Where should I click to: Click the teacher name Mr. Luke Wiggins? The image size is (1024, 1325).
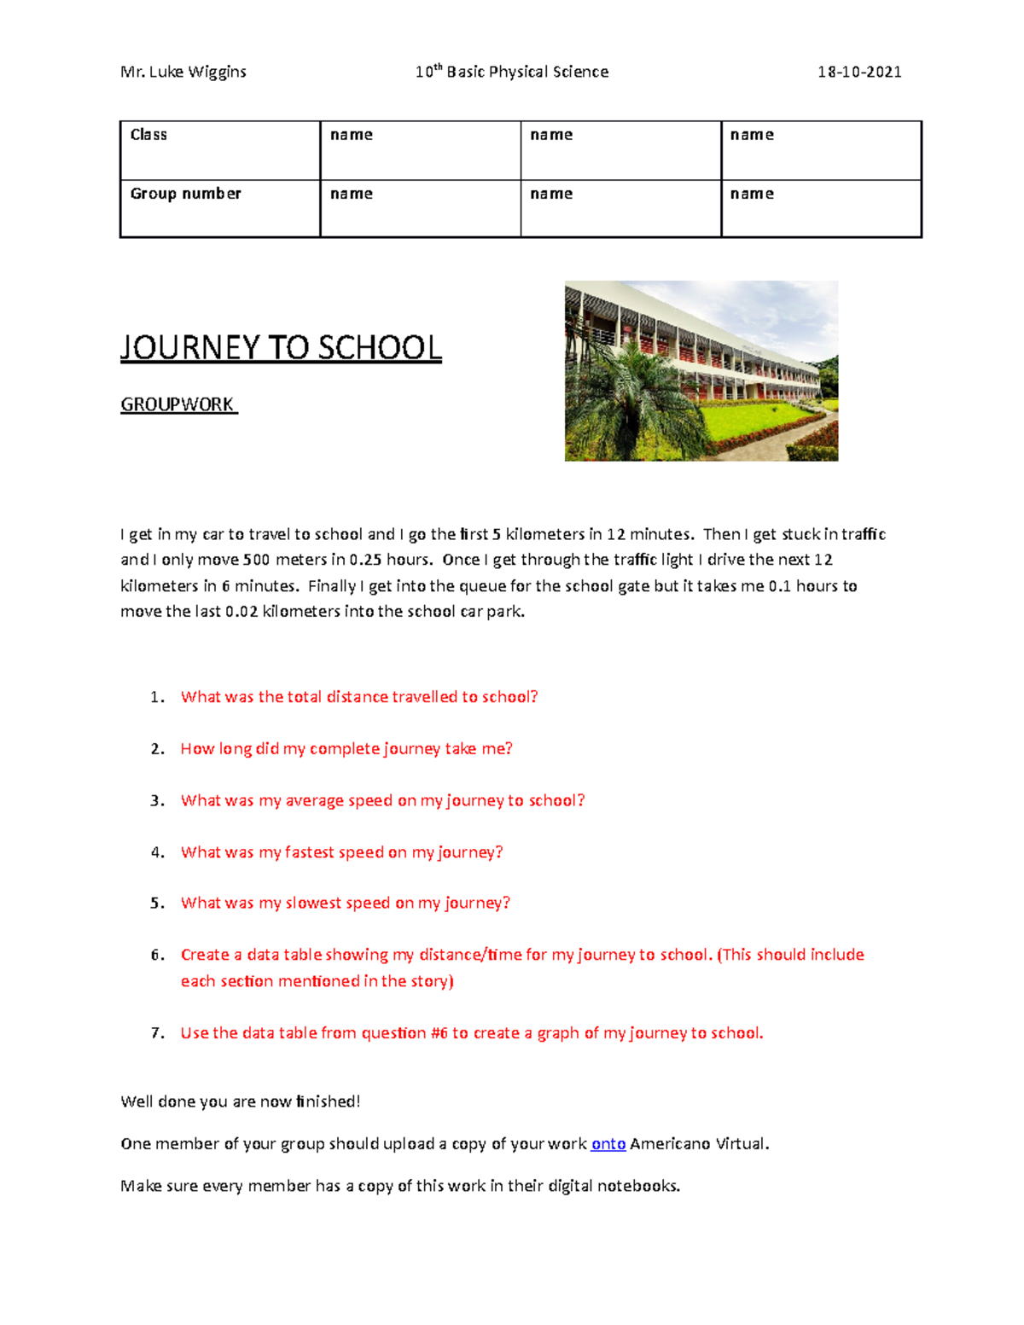pos(183,72)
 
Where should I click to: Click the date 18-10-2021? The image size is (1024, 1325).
pos(858,72)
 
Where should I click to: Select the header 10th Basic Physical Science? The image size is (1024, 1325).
pos(511,72)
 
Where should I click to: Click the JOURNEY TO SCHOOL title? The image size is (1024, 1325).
pos(281,348)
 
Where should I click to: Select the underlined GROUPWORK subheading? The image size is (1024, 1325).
pos(177,404)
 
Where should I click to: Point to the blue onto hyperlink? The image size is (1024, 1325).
pos(608,1144)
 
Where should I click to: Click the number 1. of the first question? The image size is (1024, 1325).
pos(157,697)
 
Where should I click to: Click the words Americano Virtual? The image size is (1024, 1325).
pos(699,1144)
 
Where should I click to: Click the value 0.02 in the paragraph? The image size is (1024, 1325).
pos(241,612)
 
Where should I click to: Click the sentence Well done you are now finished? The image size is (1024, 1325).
pos(241,1101)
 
